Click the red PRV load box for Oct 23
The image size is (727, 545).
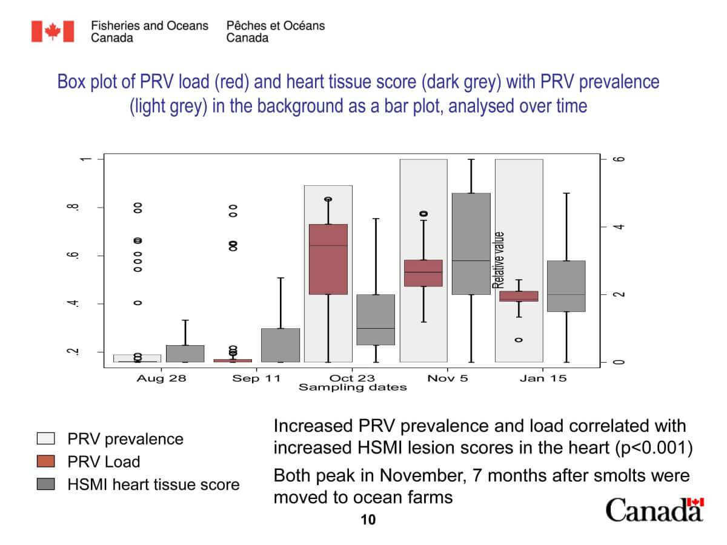328,259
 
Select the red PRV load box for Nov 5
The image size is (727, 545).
423,273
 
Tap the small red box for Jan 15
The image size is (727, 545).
519,296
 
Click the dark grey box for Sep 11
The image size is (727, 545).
281,345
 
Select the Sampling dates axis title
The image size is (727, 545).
352,388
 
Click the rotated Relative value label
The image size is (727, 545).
499,260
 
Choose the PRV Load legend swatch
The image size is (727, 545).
45,461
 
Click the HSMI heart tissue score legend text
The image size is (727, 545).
154,484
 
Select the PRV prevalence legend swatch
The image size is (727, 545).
45,438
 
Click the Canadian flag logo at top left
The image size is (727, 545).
53,31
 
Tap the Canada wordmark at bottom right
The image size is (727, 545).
654,510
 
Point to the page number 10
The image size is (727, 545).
368,520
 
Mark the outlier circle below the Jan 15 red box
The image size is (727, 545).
519,340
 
